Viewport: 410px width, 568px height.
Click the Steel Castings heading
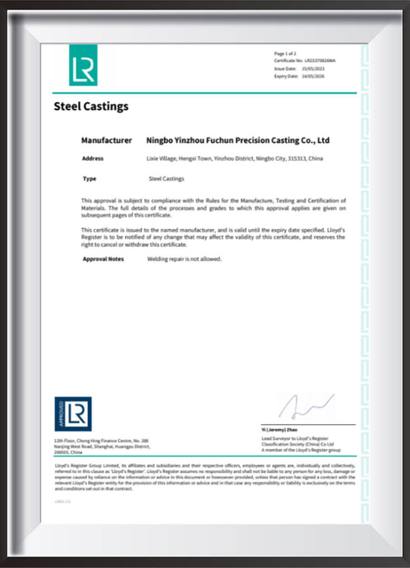pyautogui.click(x=91, y=106)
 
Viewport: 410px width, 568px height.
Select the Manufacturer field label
pyautogui.click(x=106, y=140)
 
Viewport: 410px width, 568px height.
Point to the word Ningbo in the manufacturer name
pyautogui.click(x=161, y=140)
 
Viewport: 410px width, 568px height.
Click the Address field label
pyautogui.click(x=93, y=159)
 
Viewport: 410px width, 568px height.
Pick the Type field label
pyautogui.click(x=88, y=178)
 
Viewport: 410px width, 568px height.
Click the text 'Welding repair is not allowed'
pyautogui.click(x=184, y=258)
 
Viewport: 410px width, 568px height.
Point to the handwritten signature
pyautogui.click(x=296, y=406)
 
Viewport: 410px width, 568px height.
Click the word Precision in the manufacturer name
pyautogui.click(x=253, y=140)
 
